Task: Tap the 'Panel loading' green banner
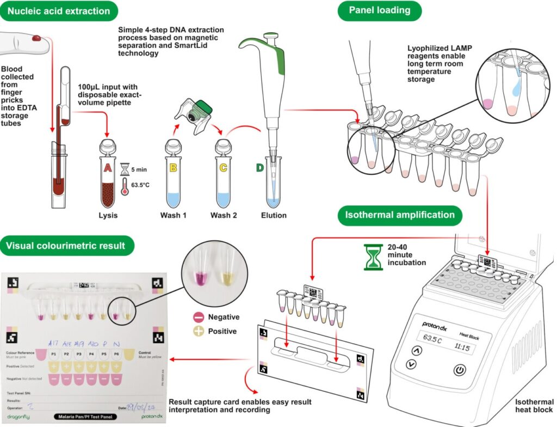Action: tap(380, 10)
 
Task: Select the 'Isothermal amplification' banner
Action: tap(400, 215)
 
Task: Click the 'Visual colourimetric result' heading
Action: tap(65, 245)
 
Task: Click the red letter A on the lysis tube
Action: tap(108, 169)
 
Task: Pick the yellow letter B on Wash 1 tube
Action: tap(174, 169)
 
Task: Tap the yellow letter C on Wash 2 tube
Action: tap(223, 169)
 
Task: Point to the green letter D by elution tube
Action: tap(261, 169)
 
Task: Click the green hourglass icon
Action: tap(373, 257)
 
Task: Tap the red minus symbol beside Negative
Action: tap(199, 317)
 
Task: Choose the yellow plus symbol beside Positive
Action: tap(199, 331)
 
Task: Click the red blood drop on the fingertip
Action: tap(37, 38)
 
